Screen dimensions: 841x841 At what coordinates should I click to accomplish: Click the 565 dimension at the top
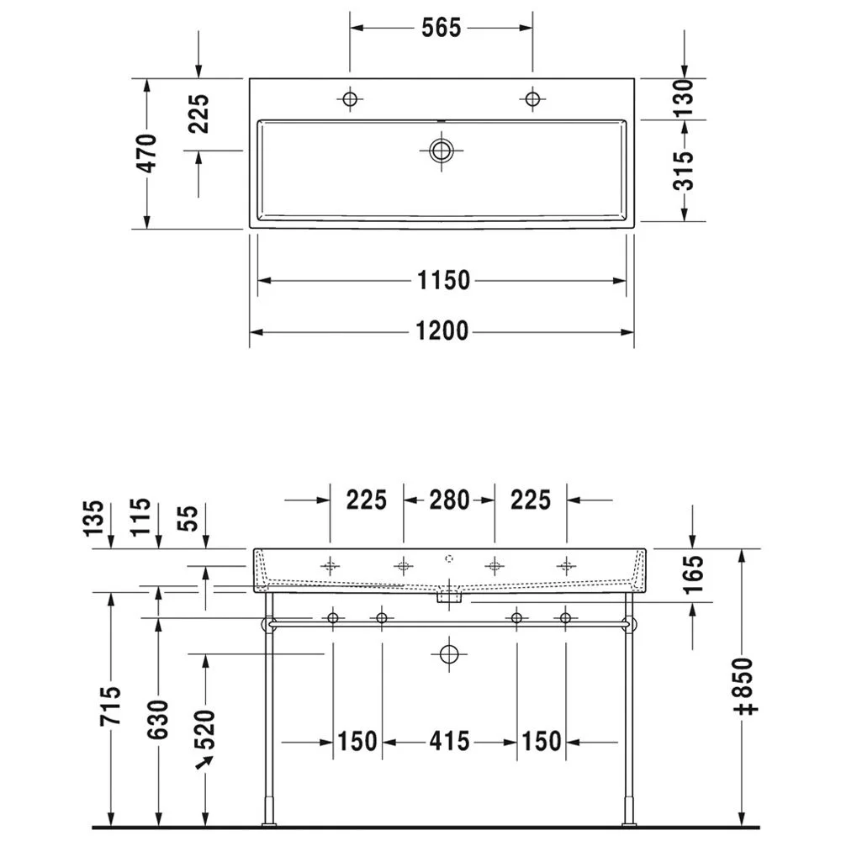[x=441, y=28]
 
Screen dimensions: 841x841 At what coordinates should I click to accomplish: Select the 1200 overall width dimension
[x=442, y=331]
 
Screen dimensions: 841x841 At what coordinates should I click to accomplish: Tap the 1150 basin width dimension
[x=443, y=280]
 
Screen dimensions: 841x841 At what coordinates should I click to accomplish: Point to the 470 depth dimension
[x=147, y=153]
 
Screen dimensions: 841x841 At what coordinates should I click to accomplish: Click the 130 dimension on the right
[x=684, y=98]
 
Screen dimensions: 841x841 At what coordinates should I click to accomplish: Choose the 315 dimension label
[x=684, y=171]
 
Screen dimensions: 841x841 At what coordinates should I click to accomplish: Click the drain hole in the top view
[x=441, y=151]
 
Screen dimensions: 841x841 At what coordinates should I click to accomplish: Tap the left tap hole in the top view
[x=350, y=99]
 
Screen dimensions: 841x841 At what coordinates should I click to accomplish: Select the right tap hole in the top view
[x=532, y=99]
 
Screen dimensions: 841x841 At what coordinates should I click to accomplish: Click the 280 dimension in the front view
[x=449, y=500]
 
